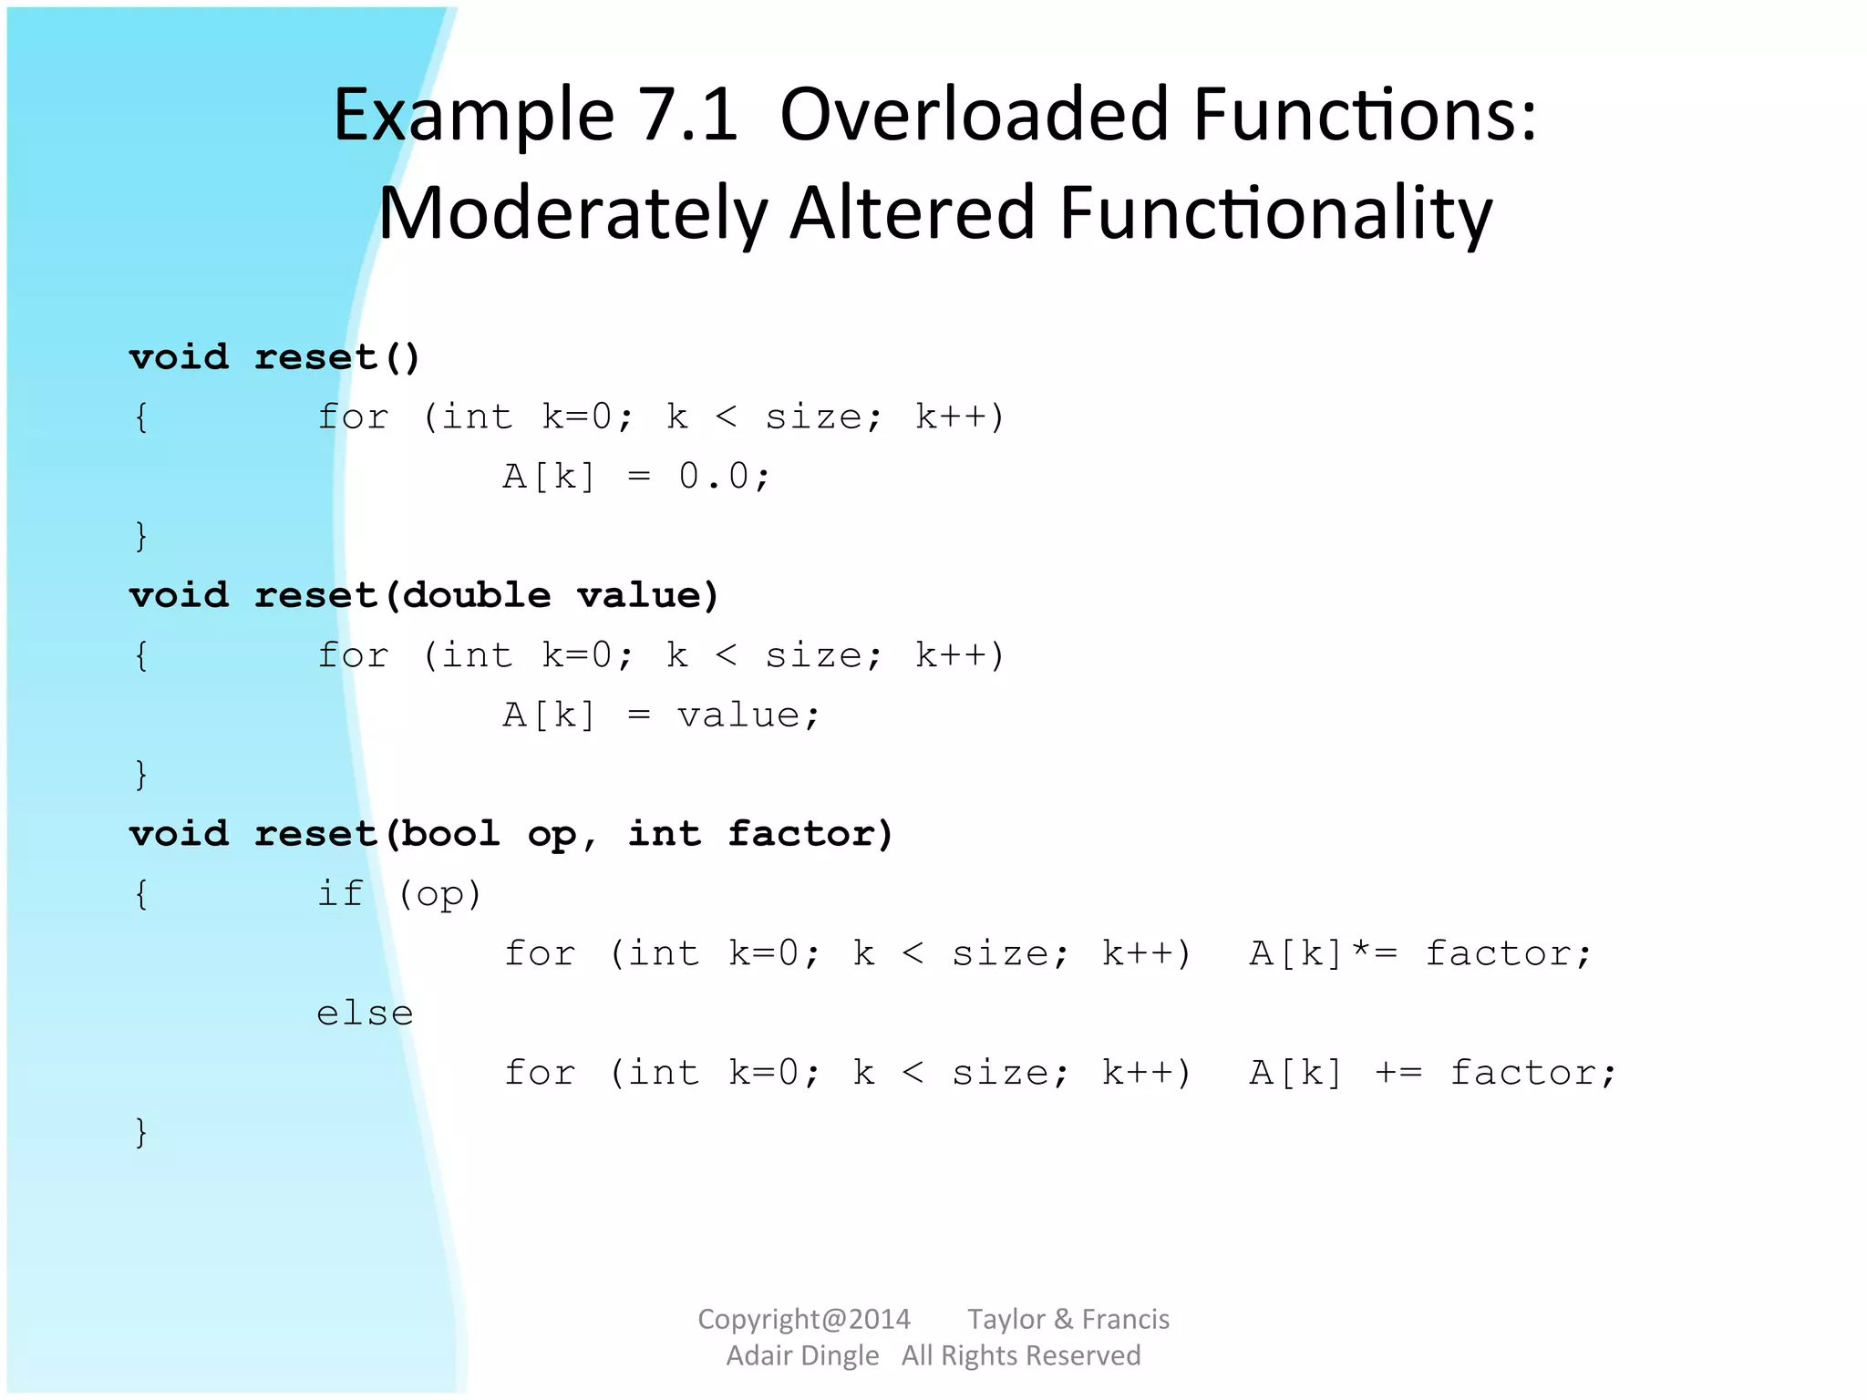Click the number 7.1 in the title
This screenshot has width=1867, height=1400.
(x=688, y=116)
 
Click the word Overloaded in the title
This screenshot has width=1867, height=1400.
(x=974, y=116)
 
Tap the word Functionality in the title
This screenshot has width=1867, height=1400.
(x=1275, y=214)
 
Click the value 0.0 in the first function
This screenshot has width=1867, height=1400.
(x=713, y=476)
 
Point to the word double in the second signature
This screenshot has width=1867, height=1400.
(x=477, y=595)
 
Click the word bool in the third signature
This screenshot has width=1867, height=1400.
(x=450, y=833)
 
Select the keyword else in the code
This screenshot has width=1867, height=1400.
(x=365, y=1013)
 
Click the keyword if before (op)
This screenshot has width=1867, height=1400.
(x=339, y=893)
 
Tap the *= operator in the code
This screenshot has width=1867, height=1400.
(x=1374, y=952)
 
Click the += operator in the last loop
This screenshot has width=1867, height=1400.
(x=1398, y=1073)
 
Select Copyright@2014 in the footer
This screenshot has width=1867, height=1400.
(x=803, y=1319)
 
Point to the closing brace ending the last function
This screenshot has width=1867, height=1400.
(x=140, y=1132)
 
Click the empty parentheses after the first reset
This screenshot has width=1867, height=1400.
(x=402, y=357)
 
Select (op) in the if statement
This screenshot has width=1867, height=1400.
(x=439, y=894)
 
